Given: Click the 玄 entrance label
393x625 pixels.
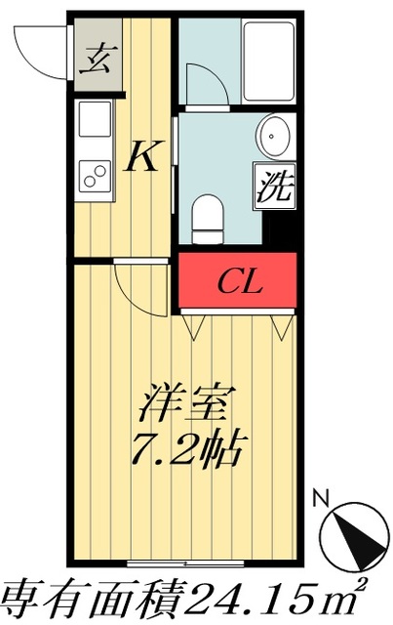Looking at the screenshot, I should (x=96, y=62).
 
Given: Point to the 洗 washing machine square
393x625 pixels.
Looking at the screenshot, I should (x=274, y=186).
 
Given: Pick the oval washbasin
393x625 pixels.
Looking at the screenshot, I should (x=273, y=134).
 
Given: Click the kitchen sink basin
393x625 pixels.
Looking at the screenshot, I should (x=96, y=125).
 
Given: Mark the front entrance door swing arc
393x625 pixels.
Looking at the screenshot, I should (x=44, y=54).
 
